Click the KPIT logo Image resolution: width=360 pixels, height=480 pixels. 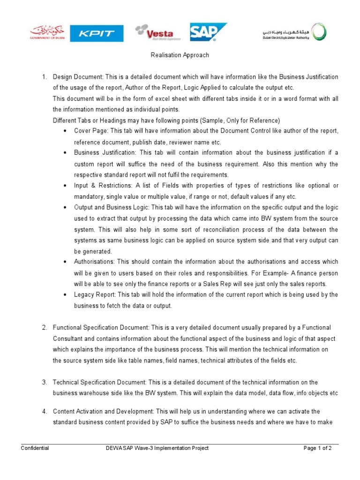(97, 33)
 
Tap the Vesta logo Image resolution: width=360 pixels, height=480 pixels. (154, 33)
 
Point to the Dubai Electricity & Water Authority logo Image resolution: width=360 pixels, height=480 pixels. (294, 32)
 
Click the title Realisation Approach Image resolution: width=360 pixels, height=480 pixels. (180, 55)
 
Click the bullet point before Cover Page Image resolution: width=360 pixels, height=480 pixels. (63, 131)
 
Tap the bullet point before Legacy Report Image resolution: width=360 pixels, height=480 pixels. (63, 295)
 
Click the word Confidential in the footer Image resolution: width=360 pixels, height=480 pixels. (35, 448)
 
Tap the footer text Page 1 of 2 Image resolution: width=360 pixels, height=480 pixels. (317, 448)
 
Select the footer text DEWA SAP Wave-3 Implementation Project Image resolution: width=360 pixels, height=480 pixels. (157, 448)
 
